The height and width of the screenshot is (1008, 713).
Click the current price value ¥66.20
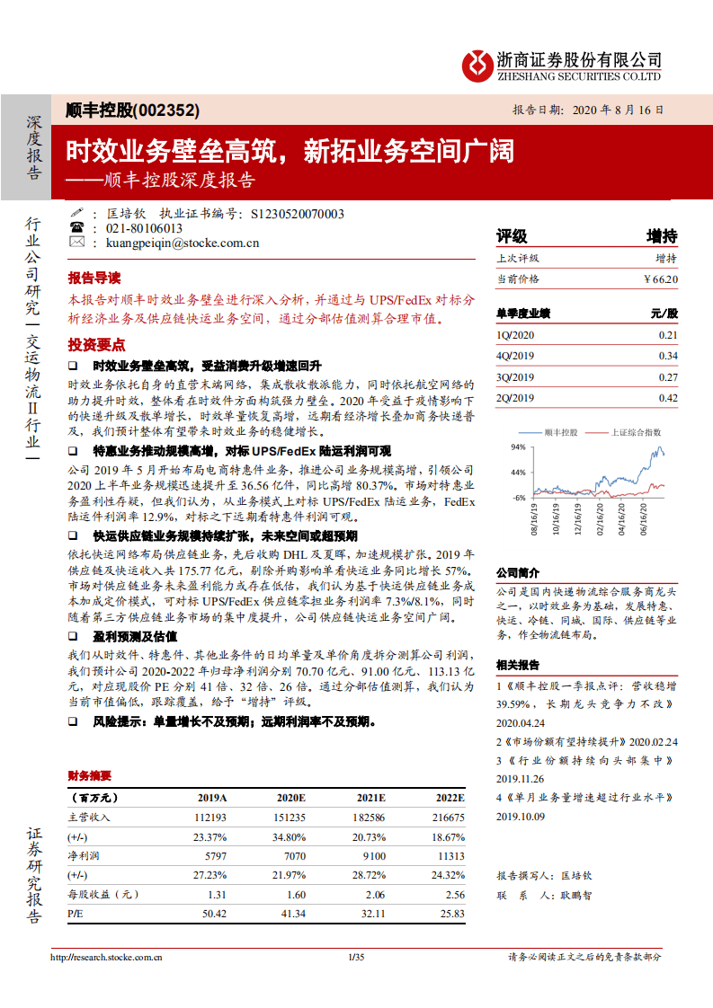(x=661, y=279)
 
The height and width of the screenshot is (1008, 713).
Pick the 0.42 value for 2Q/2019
(x=667, y=398)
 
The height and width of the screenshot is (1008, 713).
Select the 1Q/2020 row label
(x=515, y=334)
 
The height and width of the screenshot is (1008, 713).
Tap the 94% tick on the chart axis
(x=518, y=447)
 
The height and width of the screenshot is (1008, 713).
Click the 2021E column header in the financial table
(x=370, y=798)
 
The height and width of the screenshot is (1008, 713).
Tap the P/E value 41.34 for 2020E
(x=291, y=914)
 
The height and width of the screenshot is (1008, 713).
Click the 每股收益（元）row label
(x=103, y=895)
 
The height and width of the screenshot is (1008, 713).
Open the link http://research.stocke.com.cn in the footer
(x=106, y=958)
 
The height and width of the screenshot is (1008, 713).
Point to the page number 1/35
(x=355, y=958)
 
